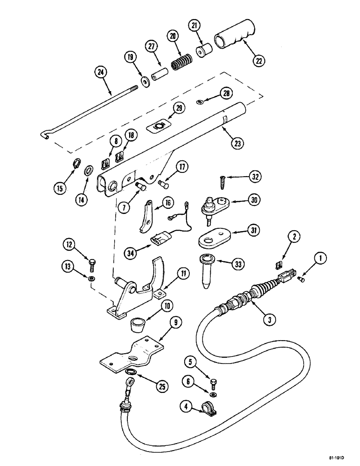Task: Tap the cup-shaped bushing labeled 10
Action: tap(136, 323)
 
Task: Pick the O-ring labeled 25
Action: tap(132, 371)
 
